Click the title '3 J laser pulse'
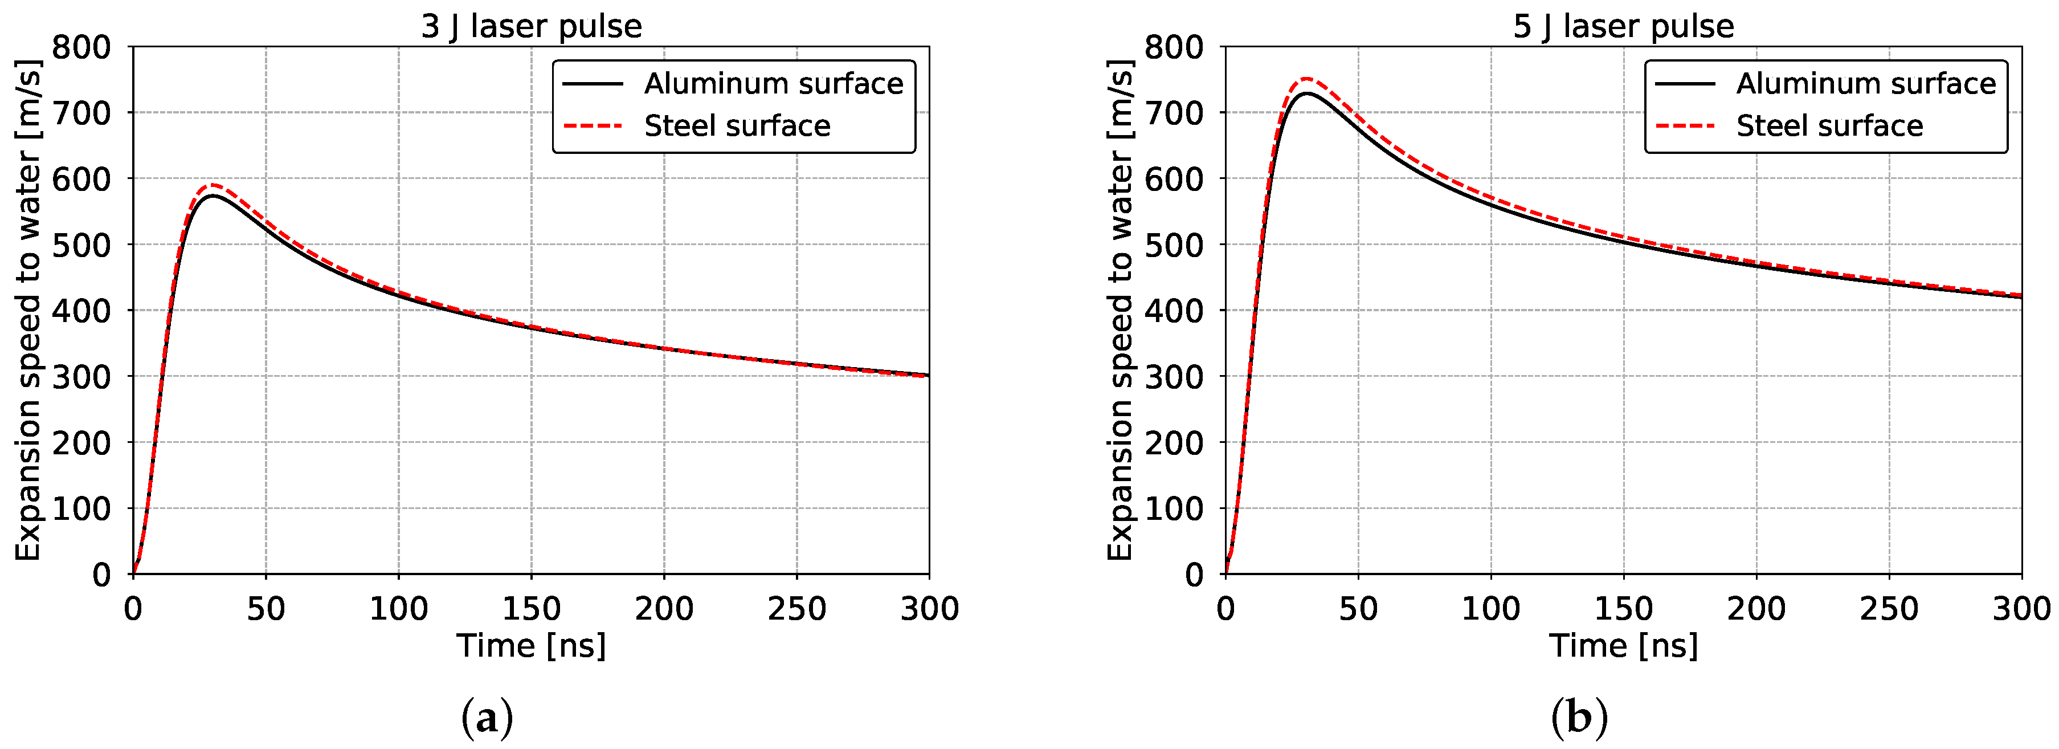tap(531, 26)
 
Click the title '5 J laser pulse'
tap(1623, 26)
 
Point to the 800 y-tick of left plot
tap(81, 47)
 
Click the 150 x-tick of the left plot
tap(531, 609)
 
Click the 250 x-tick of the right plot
tap(1888, 609)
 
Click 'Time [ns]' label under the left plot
tap(531, 646)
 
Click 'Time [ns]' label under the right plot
tap(1623, 646)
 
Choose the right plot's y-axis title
tap(1120, 310)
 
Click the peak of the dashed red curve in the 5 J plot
tap(1306, 78)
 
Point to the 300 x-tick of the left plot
tap(929, 609)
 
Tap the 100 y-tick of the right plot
tap(1174, 508)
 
